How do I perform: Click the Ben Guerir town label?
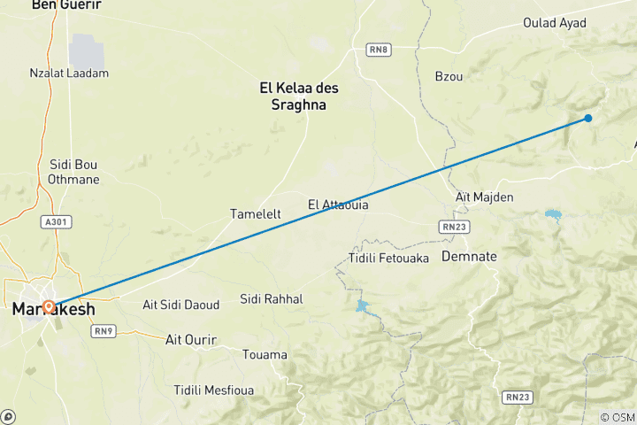coord(65,5)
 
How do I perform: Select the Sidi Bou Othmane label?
coord(74,172)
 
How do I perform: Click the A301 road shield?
coord(55,221)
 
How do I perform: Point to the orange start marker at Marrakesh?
coord(49,307)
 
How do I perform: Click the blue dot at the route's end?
coord(588,118)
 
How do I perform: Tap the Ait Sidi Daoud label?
coord(180,305)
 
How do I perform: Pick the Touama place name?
coord(265,355)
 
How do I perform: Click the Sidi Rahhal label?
coord(272,299)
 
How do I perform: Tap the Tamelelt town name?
coord(256,214)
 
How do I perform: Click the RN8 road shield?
coord(379,50)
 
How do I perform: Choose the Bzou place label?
coord(449,77)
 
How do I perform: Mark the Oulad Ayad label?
coord(555,23)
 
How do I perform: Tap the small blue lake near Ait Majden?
coord(553,215)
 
